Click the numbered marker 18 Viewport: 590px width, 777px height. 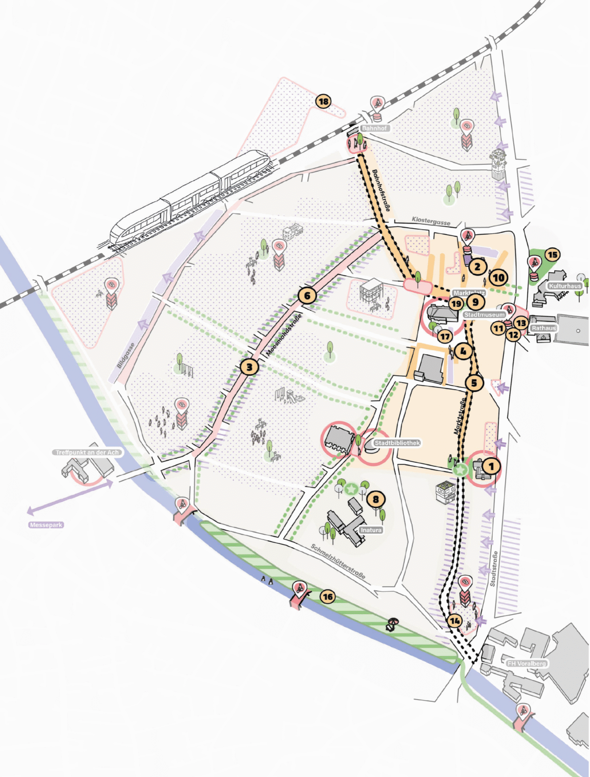pyautogui.click(x=323, y=101)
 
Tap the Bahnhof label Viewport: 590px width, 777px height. pyautogui.click(x=374, y=128)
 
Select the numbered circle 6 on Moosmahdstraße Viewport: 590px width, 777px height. pyautogui.click(x=307, y=295)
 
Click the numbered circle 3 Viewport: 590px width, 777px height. pyautogui.click(x=249, y=367)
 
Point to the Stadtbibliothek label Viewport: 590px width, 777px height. pyautogui.click(x=397, y=443)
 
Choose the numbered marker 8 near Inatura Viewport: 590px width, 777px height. pyautogui.click(x=375, y=500)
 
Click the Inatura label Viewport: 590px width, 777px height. pyautogui.click(x=371, y=530)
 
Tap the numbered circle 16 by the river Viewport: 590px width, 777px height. pyautogui.click(x=328, y=597)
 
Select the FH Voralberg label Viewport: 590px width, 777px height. pyautogui.click(x=526, y=663)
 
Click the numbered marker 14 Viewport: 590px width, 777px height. pyautogui.click(x=455, y=621)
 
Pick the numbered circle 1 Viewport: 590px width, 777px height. pyautogui.click(x=490, y=466)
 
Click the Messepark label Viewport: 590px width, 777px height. pyautogui.click(x=46, y=525)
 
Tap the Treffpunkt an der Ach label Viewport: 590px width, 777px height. pyautogui.click(x=88, y=452)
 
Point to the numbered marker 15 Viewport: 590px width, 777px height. pyautogui.click(x=552, y=255)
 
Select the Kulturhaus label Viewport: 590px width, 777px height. pyautogui.click(x=565, y=286)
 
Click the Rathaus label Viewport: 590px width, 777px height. pyautogui.click(x=543, y=328)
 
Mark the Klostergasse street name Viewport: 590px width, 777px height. pyautogui.click(x=431, y=221)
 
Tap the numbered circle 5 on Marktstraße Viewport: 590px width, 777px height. pyautogui.click(x=474, y=383)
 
